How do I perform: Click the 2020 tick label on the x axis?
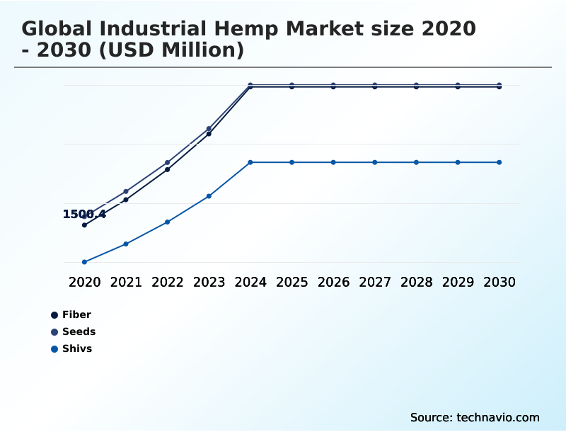coord(85,282)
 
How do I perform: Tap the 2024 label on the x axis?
coord(250,282)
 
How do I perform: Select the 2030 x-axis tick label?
coord(499,282)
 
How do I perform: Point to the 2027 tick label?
coord(375,282)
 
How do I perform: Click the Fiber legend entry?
coord(76,314)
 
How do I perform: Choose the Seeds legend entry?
coord(79,331)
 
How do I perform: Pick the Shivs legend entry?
coord(77,348)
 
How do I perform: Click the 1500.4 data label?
coord(84,214)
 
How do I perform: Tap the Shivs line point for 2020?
coord(84,262)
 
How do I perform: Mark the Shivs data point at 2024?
coord(250,162)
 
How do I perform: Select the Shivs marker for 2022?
coord(168,222)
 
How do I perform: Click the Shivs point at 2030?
coord(499,162)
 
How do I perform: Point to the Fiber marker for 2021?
coord(126,200)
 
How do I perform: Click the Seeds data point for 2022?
coord(168,162)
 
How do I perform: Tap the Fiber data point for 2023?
coord(209,133)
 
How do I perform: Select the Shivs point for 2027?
coord(375,162)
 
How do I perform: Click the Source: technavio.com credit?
coord(475,417)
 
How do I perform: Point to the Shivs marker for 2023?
coord(209,196)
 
